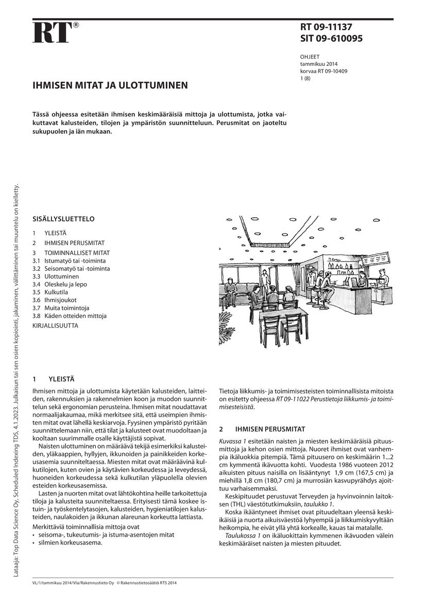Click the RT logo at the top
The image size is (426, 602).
point(52,32)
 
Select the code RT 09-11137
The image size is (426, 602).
point(327,28)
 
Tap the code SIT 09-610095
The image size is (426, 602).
point(331,39)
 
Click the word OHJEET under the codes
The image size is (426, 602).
point(310,57)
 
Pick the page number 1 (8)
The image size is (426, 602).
point(305,78)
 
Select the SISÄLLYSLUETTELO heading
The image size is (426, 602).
point(63,219)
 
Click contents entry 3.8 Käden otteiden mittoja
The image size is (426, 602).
point(70,316)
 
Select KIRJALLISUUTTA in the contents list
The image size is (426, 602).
point(55,325)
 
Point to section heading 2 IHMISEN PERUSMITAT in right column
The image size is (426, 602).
point(262,428)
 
